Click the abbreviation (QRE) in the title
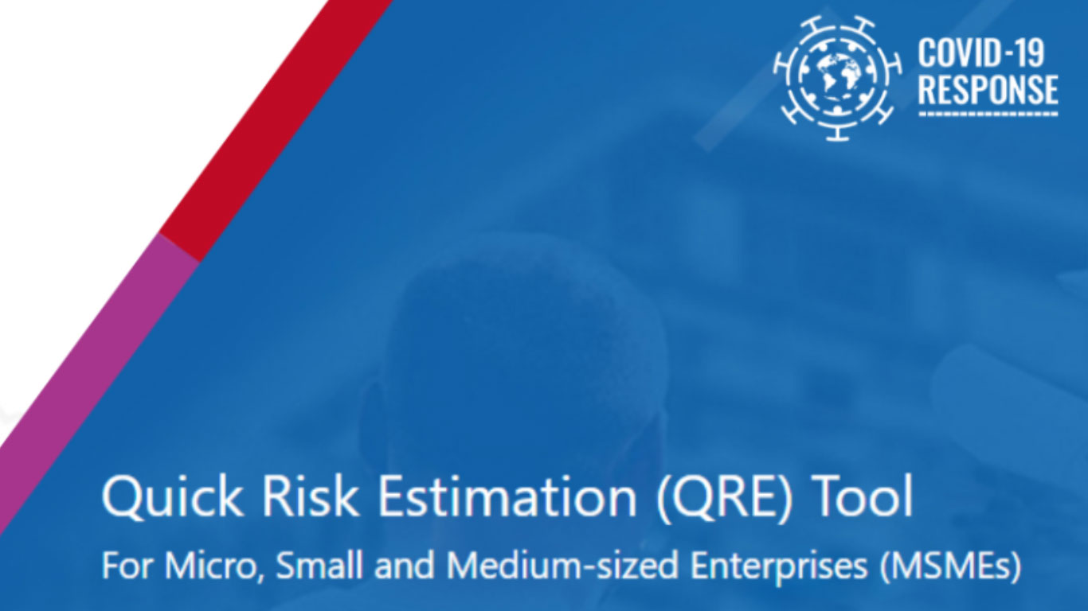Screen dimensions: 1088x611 pos(724,498)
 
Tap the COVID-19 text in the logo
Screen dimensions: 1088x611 pos(980,53)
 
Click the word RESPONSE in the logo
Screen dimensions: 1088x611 pos(988,89)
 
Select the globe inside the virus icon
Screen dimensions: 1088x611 pos(837,76)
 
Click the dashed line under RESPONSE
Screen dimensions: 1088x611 pos(988,115)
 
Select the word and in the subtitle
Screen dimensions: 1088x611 pos(405,564)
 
